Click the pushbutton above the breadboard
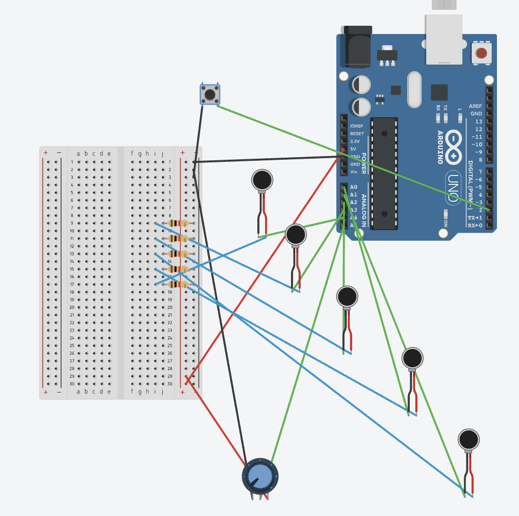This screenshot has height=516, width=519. click(210, 95)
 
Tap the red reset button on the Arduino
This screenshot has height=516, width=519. click(482, 53)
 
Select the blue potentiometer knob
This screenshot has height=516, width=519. click(259, 476)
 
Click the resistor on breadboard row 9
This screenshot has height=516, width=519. click(179, 223)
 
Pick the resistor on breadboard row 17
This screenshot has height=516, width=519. click(179, 284)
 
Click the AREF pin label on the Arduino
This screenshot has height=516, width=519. click(475, 106)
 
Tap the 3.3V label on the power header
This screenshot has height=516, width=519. click(355, 141)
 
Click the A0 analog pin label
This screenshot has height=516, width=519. click(354, 187)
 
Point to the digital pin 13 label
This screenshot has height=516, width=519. click(478, 121)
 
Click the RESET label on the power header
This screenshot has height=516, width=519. click(357, 133)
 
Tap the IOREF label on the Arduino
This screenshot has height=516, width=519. click(357, 126)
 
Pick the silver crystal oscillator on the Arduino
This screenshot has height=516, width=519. click(414, 89)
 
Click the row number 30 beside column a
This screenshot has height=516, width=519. click(72, 384)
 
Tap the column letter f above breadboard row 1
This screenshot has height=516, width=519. click(132, 153)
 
